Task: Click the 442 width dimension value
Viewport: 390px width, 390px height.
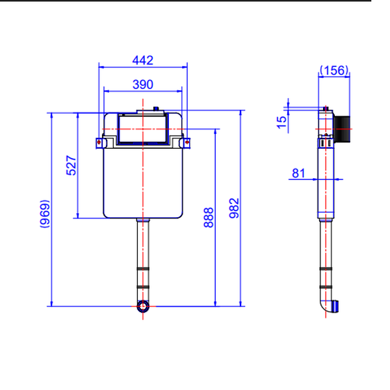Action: tap(142, 60)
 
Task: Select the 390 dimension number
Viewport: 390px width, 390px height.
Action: tap(143, 84)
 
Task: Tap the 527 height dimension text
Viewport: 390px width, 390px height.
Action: tap(71, 165)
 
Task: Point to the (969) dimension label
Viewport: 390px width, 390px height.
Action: tap(45, 214)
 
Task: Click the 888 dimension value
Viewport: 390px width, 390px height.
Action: tap(209, 217)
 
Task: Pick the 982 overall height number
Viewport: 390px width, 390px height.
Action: tap(234, 208)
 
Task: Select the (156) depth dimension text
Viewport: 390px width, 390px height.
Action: tap(334, 70)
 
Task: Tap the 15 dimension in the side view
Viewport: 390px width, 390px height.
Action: tap(281, 122)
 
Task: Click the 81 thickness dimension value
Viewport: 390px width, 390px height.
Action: tap(298, 173)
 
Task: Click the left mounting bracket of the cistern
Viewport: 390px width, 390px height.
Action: tap(101, 143)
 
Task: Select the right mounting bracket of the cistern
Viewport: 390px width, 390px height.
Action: tap(185, 143)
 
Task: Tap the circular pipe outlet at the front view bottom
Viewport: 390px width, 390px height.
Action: tap(143, 306)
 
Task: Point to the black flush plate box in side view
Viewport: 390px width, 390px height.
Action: tap(342, 129)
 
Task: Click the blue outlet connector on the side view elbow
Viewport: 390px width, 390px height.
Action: tap(335, 306)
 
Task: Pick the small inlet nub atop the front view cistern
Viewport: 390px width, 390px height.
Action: tap(156, 109)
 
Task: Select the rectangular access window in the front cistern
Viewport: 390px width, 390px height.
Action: tap(143, 129)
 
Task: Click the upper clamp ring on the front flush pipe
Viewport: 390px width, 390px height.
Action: tap(143, 269)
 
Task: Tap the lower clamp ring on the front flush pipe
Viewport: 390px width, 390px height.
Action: tap(143, 287)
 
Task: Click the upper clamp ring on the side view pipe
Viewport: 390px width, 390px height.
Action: tap(326, 269)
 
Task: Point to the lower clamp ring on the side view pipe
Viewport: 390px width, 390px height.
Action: tap(326, 287)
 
